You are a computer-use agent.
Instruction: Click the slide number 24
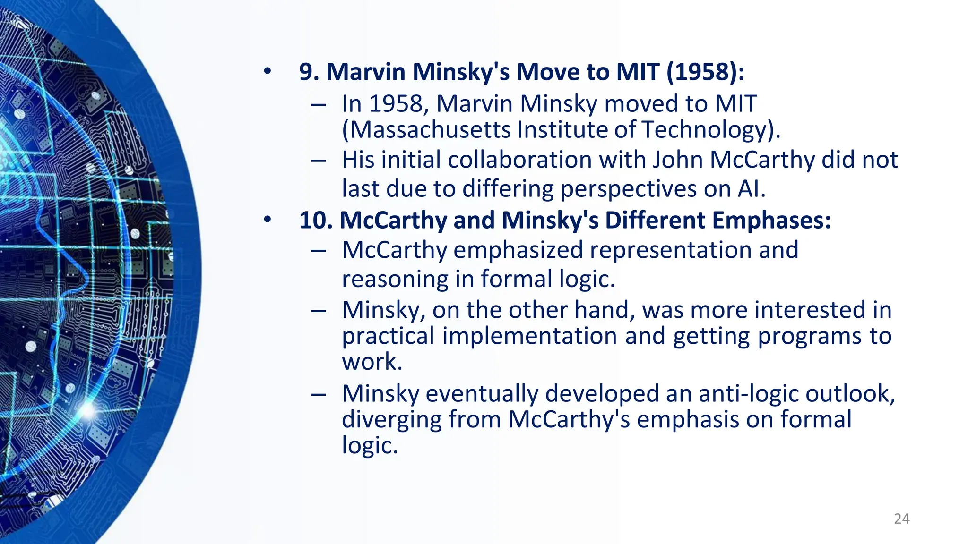[902, 518]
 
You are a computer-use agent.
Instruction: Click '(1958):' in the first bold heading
[705, 72]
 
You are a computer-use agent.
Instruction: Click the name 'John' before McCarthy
[678, 160]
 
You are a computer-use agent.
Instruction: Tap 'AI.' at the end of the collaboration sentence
[752, 189]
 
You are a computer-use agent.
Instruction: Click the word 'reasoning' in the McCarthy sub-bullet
[395, 279]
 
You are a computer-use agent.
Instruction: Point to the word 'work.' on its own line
[372, 362]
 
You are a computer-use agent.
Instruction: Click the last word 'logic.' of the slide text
[370, 445]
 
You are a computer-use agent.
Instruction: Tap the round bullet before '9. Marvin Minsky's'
[268, 72]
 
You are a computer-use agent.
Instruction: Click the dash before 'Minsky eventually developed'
[318, 394]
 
